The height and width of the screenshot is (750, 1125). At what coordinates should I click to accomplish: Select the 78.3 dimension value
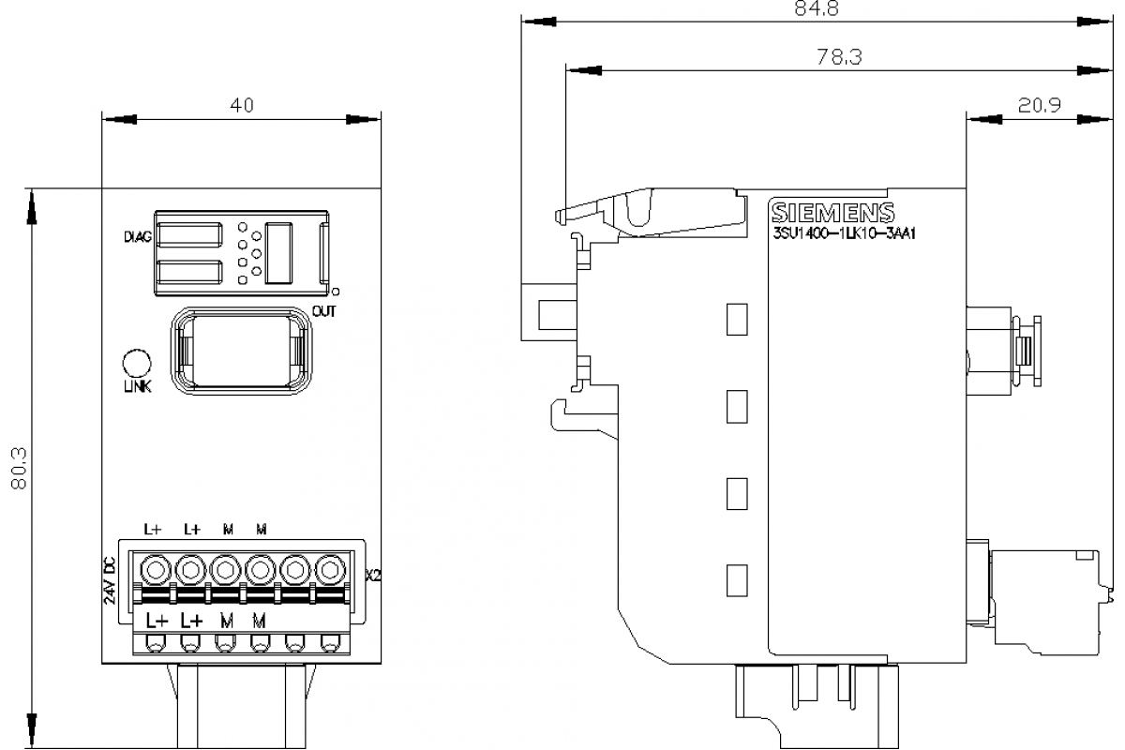[x=839, y=57]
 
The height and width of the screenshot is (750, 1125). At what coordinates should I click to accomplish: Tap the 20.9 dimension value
[x=1039, y=105]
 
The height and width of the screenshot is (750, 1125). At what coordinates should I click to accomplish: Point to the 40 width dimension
[x=242, y=105]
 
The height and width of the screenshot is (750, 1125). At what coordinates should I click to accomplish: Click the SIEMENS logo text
[x=832, y=212]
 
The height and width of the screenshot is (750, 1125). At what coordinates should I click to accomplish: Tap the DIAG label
[x=138, y=236]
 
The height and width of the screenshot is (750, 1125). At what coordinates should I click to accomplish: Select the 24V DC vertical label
[x=110, y=581]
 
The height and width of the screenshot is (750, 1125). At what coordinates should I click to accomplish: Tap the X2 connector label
[x=373, y=574]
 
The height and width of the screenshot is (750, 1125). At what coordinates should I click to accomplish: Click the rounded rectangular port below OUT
[x=241, y=351]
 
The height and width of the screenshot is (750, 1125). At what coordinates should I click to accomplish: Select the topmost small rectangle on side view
[x=737, y=319]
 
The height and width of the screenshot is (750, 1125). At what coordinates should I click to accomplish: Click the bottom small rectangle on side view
[x=737, y=578]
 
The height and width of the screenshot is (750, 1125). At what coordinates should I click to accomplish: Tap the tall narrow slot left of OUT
[x=277, y=252]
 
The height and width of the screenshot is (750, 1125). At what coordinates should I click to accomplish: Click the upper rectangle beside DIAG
[x=189, y=235]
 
